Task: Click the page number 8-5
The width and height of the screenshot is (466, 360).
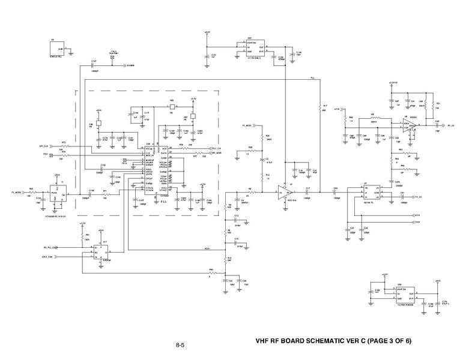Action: pyautogui.click(x=180, y=345)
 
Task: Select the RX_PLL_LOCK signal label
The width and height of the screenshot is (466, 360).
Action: pyautogui.click(x=50, y=247)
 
